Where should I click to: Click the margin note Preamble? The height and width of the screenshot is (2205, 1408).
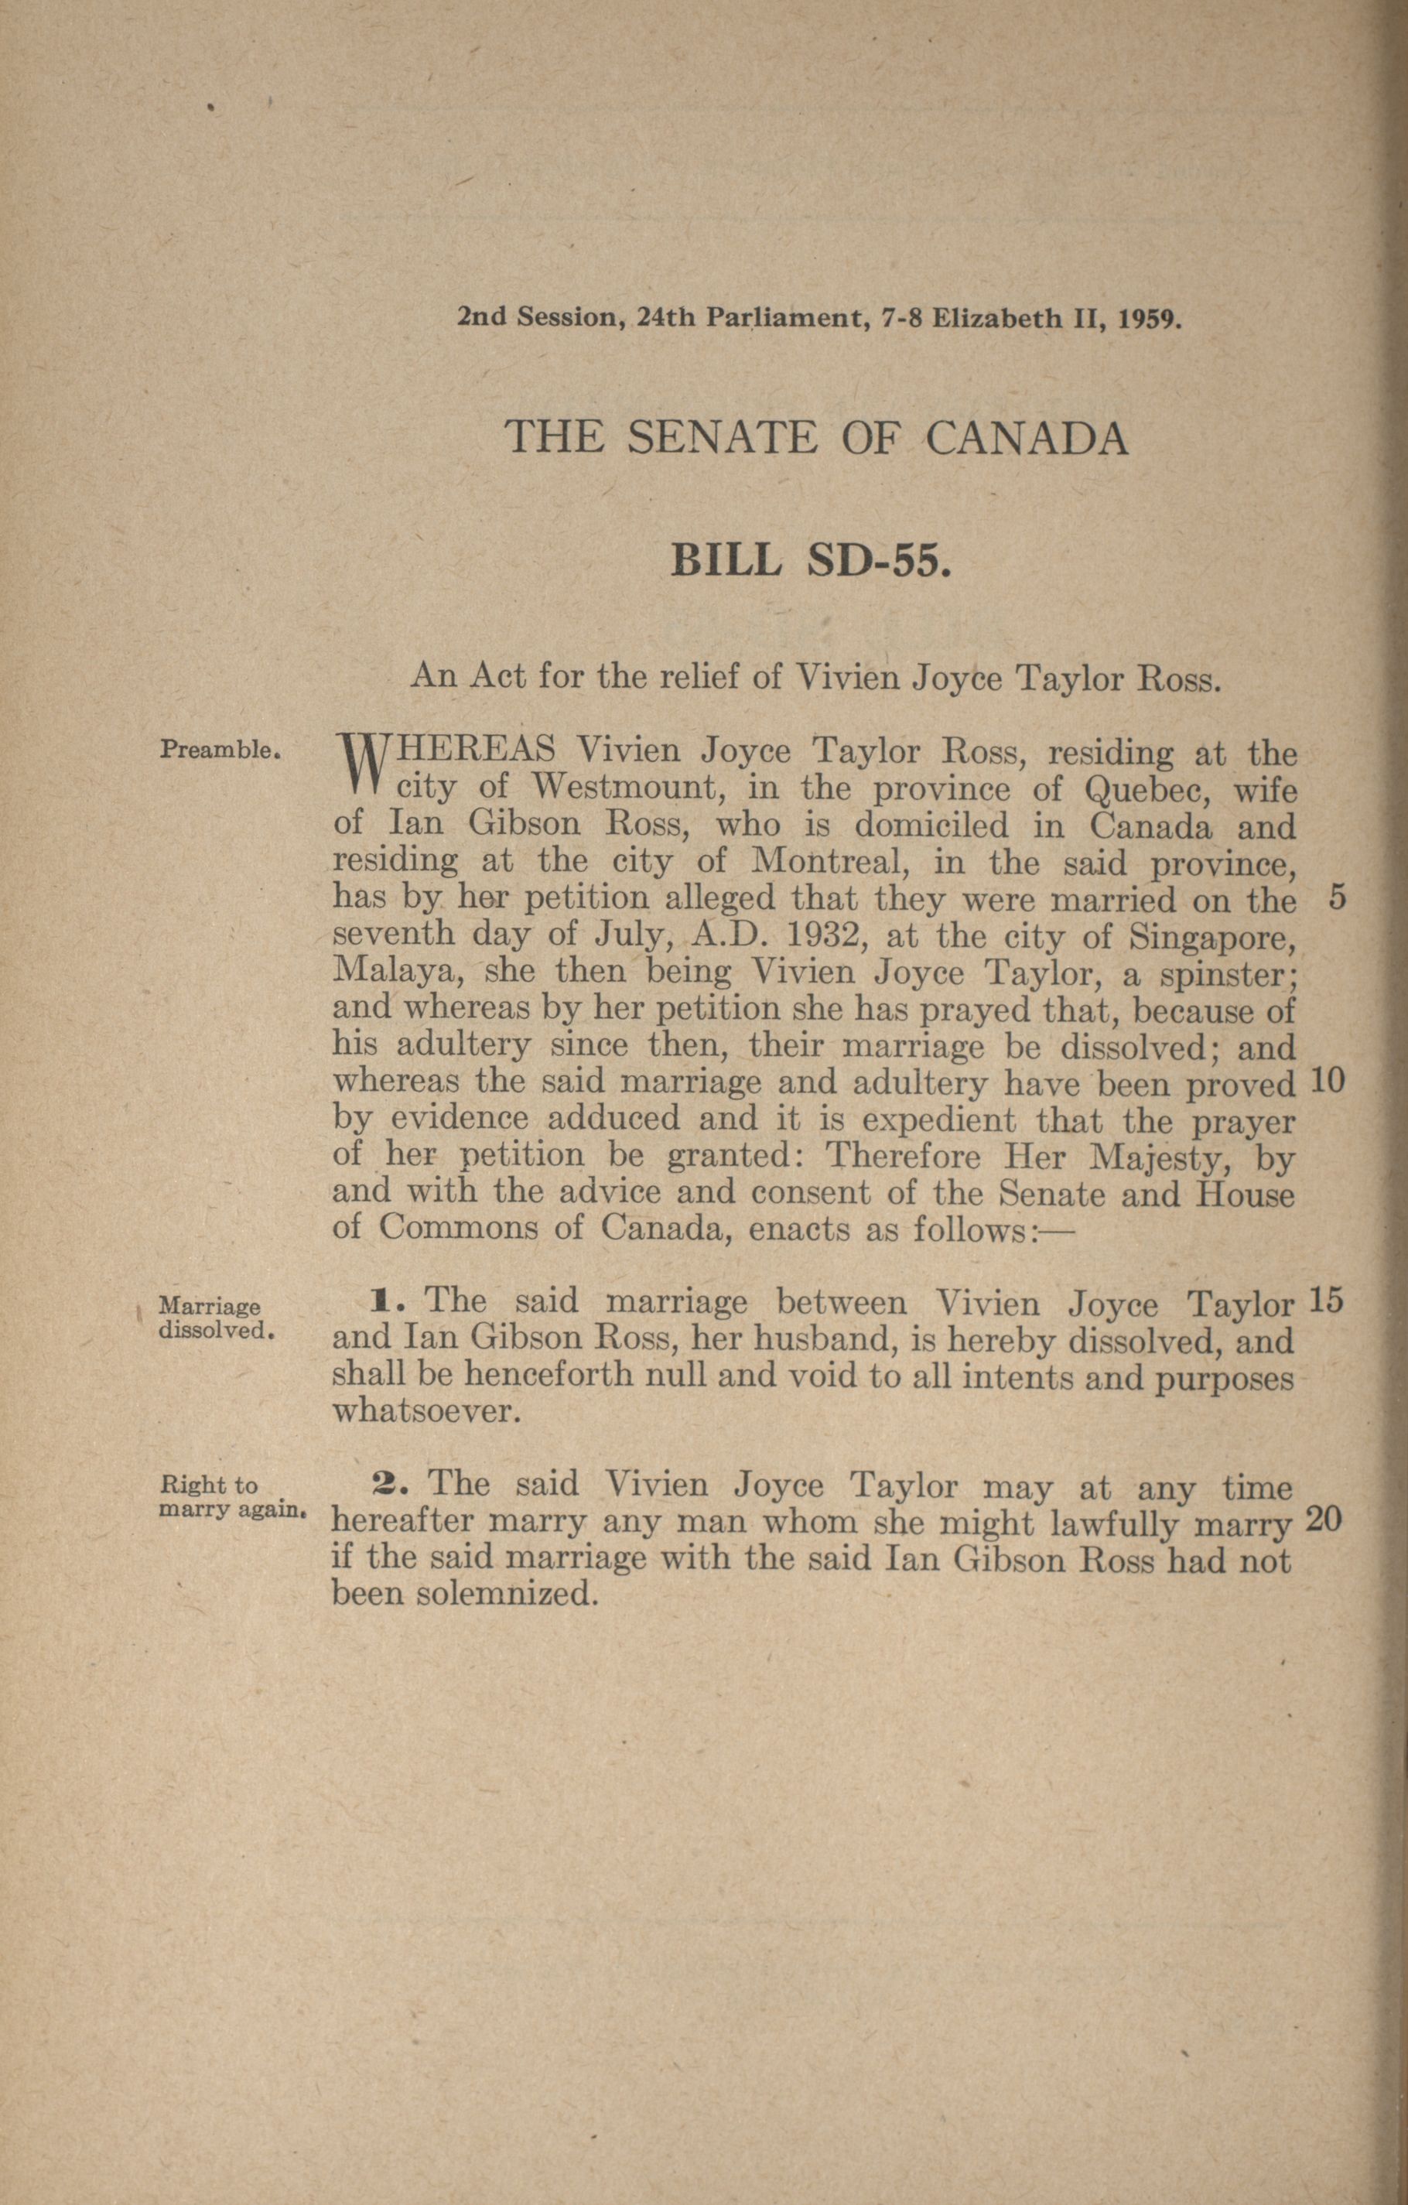pyautogui.click(x=219, y=750)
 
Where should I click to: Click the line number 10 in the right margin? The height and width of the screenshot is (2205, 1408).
pyautogui.click(x=1327, y=1082)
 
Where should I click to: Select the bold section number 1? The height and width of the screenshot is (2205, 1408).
pyautogui.click(x=380, y=1301)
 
